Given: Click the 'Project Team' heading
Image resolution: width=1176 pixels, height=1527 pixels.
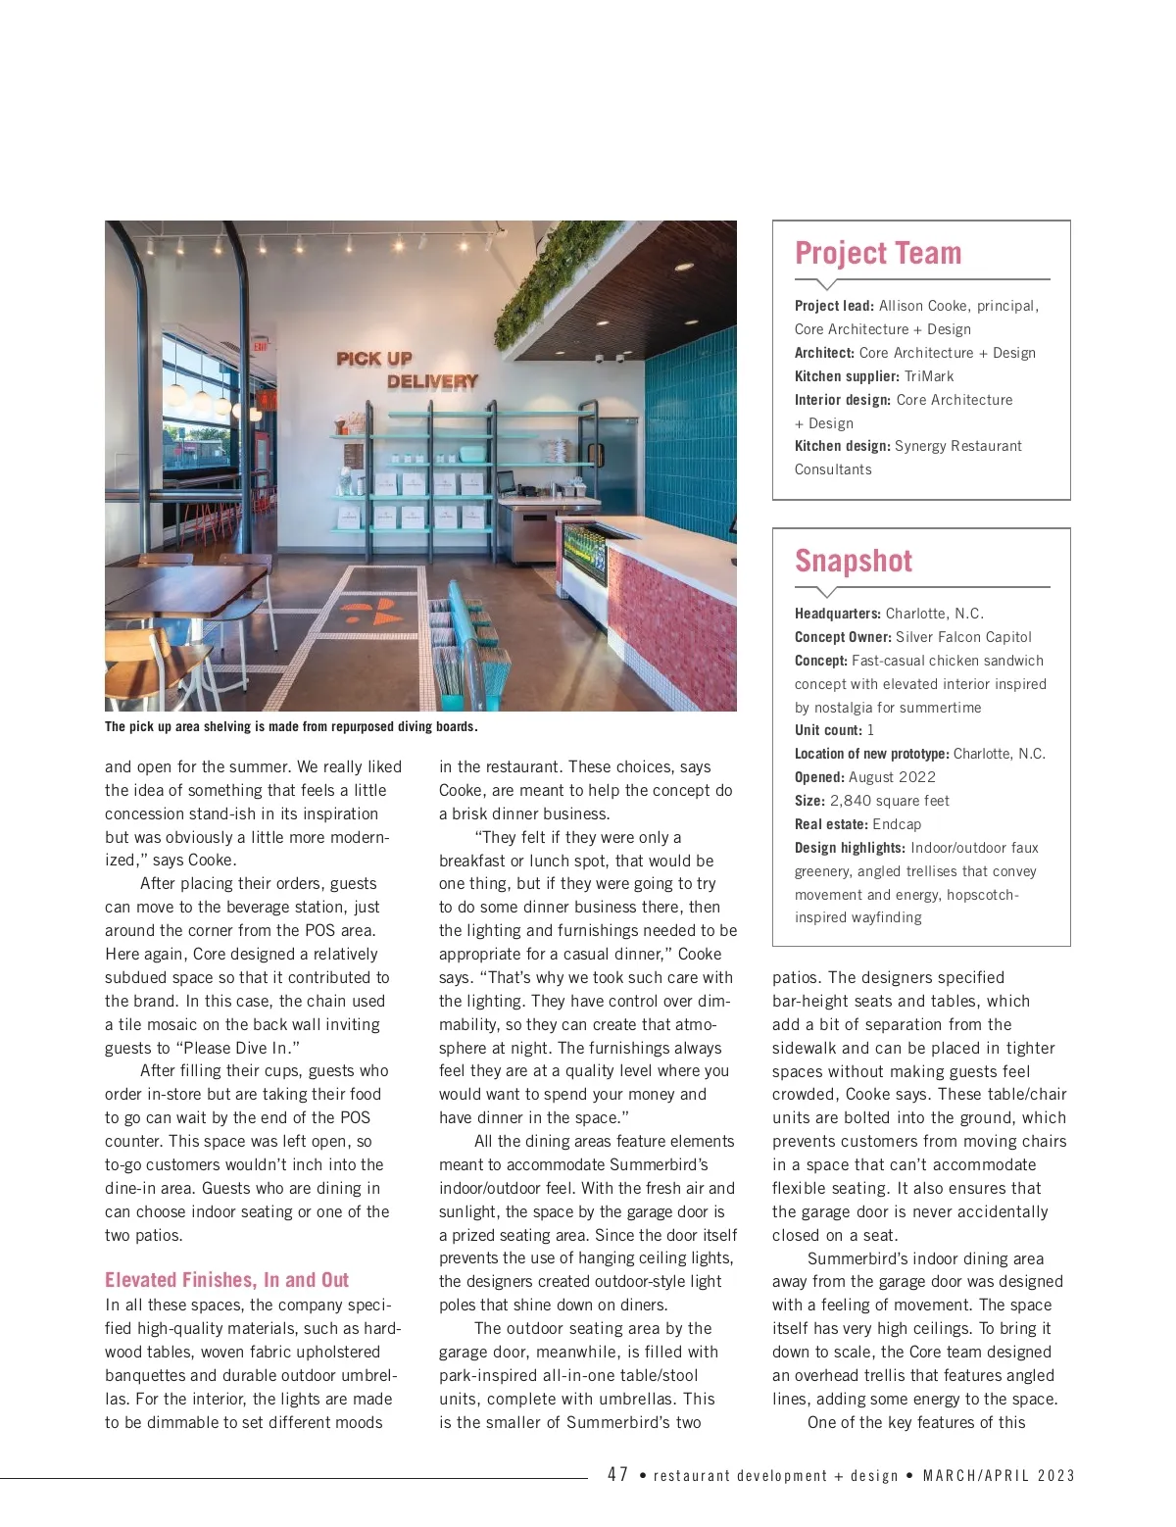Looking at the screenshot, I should tap(878, 253).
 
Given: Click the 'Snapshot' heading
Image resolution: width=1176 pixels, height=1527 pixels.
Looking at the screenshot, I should tap(854, 561).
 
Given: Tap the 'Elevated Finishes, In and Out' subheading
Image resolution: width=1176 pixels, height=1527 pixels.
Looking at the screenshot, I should tap(226, 1280).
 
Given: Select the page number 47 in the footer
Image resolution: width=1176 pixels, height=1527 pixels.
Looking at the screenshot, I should tap(617, 1475).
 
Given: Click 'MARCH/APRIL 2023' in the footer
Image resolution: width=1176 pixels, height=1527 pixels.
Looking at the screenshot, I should tap(999, 1476).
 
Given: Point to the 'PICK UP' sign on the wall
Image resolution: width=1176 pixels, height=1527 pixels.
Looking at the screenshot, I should tap(374, 359).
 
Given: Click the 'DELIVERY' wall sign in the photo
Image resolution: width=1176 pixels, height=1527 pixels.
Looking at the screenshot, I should tap(432, 381).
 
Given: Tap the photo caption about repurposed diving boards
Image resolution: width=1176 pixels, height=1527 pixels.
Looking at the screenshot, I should tap(291, 727).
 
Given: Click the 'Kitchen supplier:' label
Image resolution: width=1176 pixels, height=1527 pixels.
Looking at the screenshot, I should tap(847, 376).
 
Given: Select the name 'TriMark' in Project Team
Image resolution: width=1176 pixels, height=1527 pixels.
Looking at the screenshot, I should tap(929, 376).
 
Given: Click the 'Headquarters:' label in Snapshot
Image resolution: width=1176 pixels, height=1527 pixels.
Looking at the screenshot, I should tap(838, 614).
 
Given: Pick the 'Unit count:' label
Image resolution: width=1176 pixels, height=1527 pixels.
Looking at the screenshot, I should tap(828, 730).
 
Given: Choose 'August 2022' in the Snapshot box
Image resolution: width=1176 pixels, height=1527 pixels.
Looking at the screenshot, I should tap(892, 777).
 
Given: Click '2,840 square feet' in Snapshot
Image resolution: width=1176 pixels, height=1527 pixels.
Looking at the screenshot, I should tap(890, 801).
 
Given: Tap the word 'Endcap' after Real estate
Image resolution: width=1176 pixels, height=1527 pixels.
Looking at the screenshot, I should tap(897, 824).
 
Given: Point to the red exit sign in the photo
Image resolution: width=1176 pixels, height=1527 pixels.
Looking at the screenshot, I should tap(260, 345).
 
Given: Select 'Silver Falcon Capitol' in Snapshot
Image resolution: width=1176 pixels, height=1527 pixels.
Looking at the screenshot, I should tap(963, 637).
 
